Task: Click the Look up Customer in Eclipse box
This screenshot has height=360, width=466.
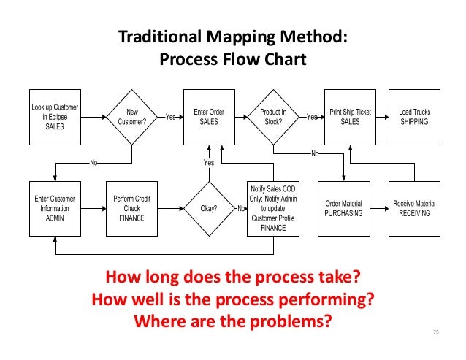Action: coord(55,117)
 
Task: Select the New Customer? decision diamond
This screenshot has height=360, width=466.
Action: coord(132,117)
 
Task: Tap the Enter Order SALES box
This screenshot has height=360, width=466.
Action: coord(209,117)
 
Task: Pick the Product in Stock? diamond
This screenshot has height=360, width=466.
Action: coord(273,117)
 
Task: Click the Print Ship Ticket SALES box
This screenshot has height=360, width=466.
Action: coord(350,117)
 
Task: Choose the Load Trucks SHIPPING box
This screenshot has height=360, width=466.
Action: coord(414,117)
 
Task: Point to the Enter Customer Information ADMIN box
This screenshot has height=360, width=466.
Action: coord(55,208)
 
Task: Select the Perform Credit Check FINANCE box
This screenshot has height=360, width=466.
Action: coord(132,208)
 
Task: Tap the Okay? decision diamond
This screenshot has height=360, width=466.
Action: coord(209,208)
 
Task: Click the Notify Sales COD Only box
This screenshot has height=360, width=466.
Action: coord(273,208)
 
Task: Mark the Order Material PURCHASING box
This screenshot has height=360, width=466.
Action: coord(343,208)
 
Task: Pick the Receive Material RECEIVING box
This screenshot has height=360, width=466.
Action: coord(414,208)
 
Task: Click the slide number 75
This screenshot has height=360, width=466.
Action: coord(437,333)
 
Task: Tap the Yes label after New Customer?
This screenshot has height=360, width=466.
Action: coord(170,117)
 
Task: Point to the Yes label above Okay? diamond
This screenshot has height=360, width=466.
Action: coord(209,162)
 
